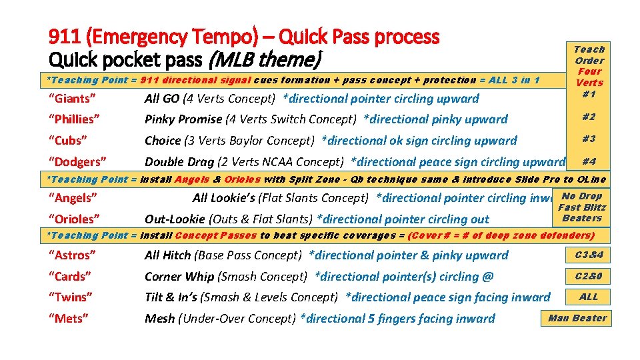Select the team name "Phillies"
[x=75, y=119]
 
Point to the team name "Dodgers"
[x=77, y=162]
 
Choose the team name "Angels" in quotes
[x=73, y=198]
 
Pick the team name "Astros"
[x=72, y=255]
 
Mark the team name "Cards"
[x=69, y=277]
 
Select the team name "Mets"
[x=68, y=319]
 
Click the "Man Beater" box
[x=577, y=319]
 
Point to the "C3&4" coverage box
[x=588, y=255]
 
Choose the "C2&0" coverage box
[x=588, y=276]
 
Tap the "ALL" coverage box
[x=588, y=297]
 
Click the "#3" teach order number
[x=588, y=139]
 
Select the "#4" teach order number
[x=588, y=161]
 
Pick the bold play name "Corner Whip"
[x=177, y=277]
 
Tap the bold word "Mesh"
[x=160, y=319]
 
